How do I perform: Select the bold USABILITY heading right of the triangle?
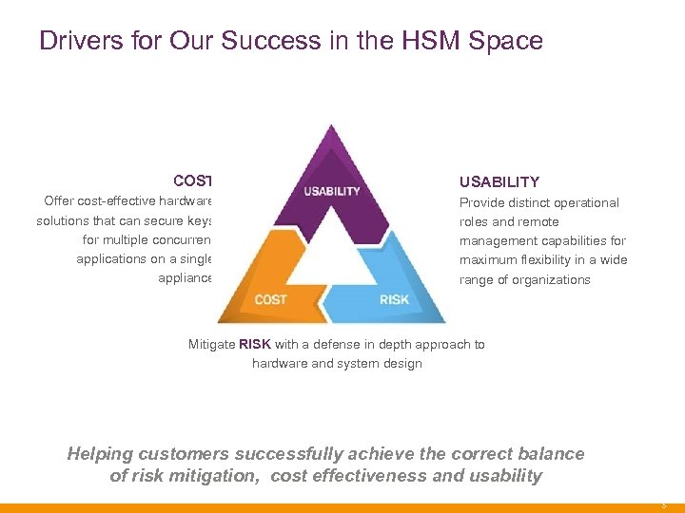(x=499, y=181)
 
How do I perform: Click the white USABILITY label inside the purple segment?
(x=331, y=191)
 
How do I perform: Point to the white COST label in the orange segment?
(x=270, y=300)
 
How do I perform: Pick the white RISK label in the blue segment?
(x=394, y=300)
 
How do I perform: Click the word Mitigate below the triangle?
(x=213, y=345)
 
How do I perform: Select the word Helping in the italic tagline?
(x=100, y=454)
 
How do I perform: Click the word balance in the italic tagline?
(x=550, y=454)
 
